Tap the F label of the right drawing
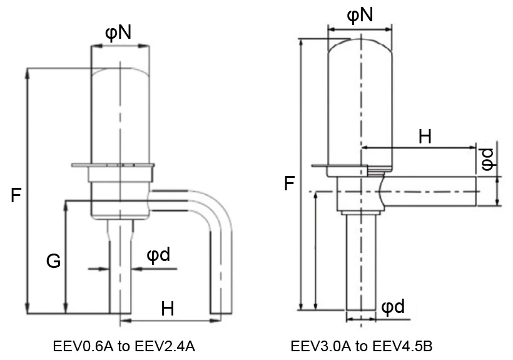click(x=289, y=183)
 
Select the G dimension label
click(x=54, y=261)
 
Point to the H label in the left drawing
click(x=168, y=308)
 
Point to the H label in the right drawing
click(x=425, y=136)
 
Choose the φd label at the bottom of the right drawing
click(x=392, y=306)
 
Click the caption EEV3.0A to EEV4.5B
click(x=362, y=346)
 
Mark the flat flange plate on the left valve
click(x=113, y=165)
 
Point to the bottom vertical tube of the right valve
click(x=360, y=263)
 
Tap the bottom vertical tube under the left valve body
click(x=120, y=275)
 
